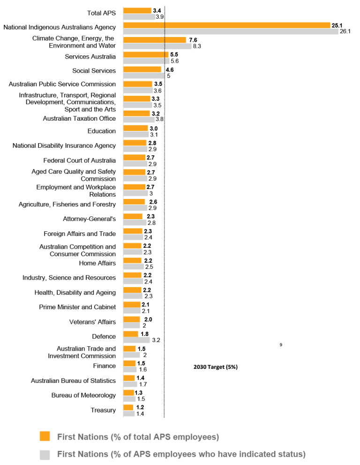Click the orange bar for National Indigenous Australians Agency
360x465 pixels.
(227, 25)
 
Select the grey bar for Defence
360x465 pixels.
(136, 340)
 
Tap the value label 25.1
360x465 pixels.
(337, 25)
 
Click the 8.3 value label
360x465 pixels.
(197, 46)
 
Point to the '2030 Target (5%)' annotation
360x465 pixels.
(215, 367)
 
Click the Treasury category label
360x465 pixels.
(103, 410)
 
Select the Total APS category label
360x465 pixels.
(101, 13)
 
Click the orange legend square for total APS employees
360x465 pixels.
(45, 436)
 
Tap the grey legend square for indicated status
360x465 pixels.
(45, 454)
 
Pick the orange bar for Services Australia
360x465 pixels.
(146, 54)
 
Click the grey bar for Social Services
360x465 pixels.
(144, 76)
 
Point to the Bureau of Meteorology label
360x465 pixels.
(83, 395)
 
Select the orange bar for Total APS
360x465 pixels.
(137, 10)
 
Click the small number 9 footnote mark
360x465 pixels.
(280, 345)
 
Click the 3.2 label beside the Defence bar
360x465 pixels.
(156, 340)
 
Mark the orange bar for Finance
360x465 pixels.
(129, 363)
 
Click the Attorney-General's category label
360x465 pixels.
(89, 219)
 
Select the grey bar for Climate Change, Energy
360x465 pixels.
(157, 46)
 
